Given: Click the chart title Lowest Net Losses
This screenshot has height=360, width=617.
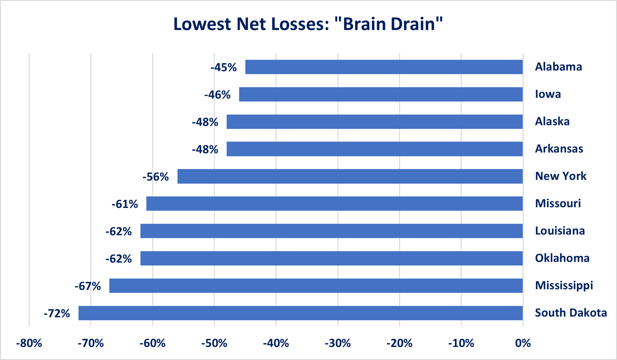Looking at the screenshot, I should (x=308, y=24).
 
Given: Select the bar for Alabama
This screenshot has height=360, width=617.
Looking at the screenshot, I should (x=384, y=67).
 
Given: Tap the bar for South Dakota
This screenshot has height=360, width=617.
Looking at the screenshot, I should (x=300, y=313).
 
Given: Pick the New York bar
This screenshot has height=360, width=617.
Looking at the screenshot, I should (x=350, y=176).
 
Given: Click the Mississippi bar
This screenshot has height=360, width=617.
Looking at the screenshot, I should (x=316, y=286).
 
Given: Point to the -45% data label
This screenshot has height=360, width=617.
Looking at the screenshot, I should (x=224, y=68).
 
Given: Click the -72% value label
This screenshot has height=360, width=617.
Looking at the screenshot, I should (x=57, y=313).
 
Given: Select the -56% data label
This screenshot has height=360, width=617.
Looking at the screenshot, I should (x=156, y=177).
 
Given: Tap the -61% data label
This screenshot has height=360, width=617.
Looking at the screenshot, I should (x=125, y=204).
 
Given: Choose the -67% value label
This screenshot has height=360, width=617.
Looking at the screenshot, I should (x=88, y=286).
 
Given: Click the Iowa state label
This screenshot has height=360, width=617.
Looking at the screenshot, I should (x=548, y=94).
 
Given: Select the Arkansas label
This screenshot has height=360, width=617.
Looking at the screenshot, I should (x=559, y=149).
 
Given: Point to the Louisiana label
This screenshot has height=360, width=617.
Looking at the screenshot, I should (x=560, y=231).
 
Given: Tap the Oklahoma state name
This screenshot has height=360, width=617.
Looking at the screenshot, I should (x=562, y=258).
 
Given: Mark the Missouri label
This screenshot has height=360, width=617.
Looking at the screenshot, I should (x=558, y=203).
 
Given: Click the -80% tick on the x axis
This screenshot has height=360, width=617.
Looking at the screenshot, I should (x=29, y=343).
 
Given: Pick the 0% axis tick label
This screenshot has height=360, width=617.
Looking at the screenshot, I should (x=523, y=343).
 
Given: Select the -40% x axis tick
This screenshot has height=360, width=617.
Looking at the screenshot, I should (x=276, y=343).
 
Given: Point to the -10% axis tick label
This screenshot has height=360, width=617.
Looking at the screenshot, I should (x=461, y=343).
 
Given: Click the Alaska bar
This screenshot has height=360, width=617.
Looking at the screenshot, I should (x=374, y=122).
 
